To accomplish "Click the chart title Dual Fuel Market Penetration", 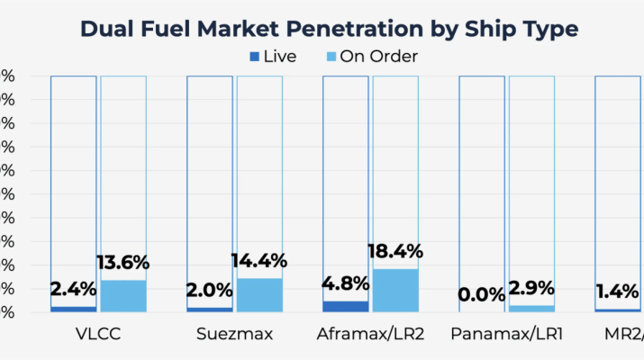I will [x=329, y=29].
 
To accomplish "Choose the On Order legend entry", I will [x=370, y=56].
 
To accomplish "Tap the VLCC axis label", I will [x=98, y=336].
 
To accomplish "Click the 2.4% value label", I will [x=74, y=290].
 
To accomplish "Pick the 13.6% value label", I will [x=123, y=263].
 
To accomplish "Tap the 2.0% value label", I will [x=210, y=290].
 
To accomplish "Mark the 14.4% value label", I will [x=260, y=261].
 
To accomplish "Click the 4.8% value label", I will [x=346, y=283].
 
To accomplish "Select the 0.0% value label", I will [x=482, y=294].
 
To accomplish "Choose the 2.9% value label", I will [x=532, y=289].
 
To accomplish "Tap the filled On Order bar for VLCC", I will [x=123, y=295].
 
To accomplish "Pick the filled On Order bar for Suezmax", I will [x=260, y=294].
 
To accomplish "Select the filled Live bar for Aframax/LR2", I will [x=346, y=306].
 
